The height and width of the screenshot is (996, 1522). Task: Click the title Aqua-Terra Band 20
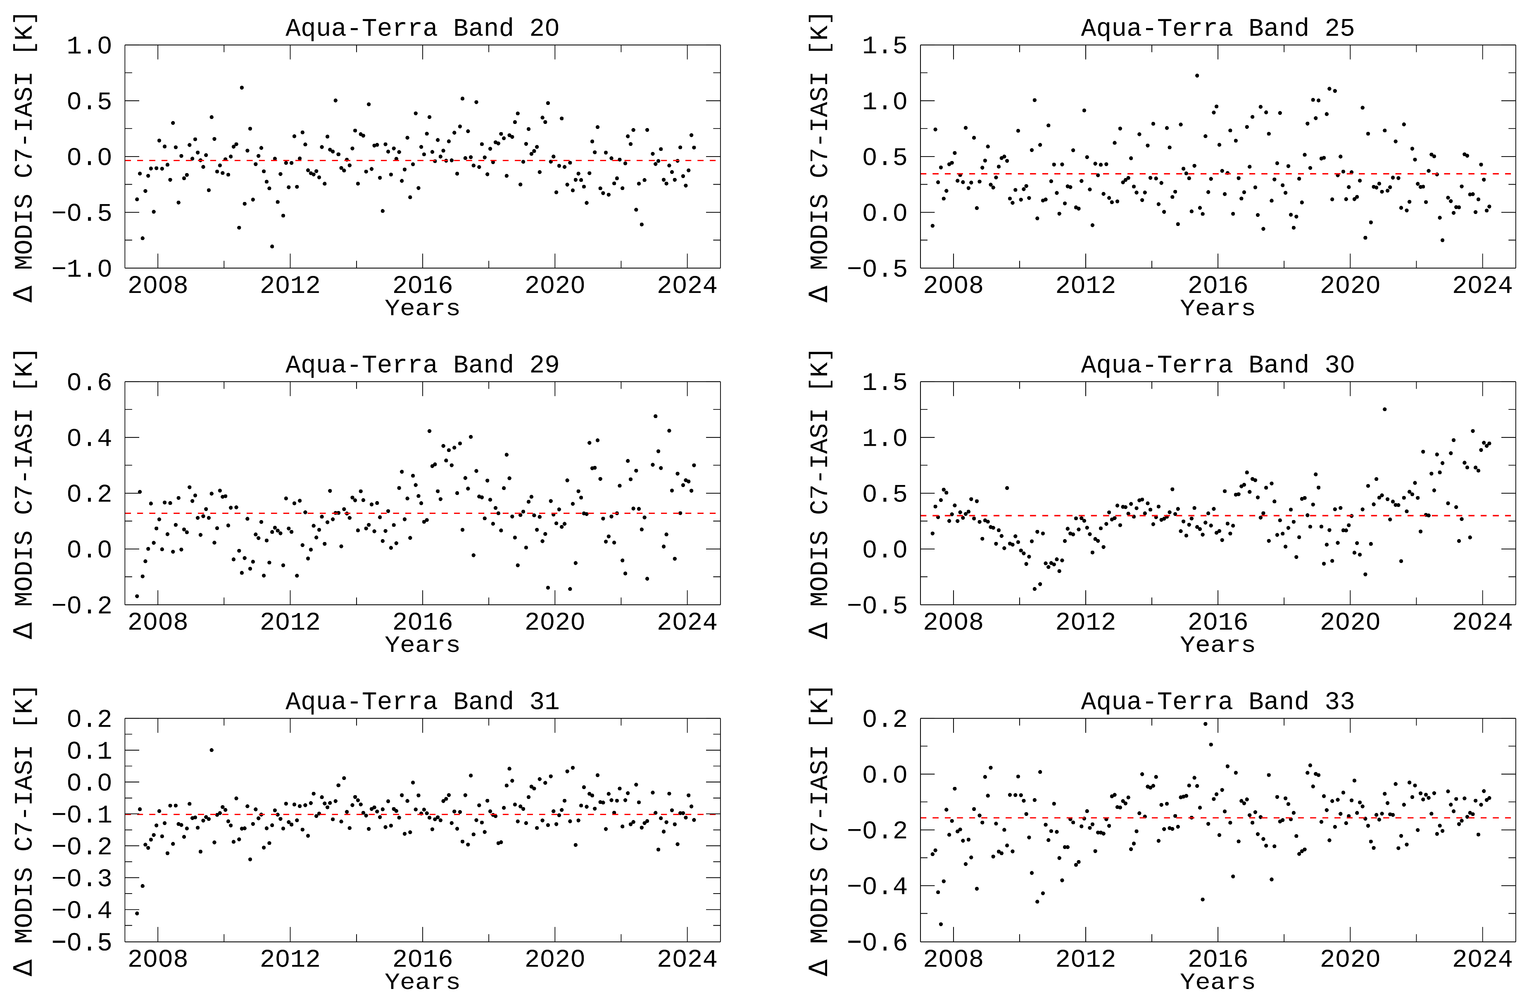(x=422, y=28)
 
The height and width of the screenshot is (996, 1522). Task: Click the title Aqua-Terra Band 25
(x=1217, y=28)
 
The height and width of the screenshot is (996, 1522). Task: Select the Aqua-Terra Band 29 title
(x=422, y=364)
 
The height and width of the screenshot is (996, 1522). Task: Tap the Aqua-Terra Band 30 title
(x=1217, y=364)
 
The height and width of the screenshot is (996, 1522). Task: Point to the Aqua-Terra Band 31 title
(x=422, y=701)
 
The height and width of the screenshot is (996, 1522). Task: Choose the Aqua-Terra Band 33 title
(x=1217, y=701)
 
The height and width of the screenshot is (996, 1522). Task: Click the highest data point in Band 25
(x=1196, y=76)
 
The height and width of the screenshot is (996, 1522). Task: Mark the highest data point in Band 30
(x=1384, y=409)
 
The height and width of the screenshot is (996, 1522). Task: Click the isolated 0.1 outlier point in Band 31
(x=212, y=750)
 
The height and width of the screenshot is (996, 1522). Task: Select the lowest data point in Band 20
(x=272, y=246)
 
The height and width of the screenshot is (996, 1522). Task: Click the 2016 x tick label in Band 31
(x=422, y=959)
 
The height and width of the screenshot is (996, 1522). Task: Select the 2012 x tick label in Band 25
(x=1085, y=285)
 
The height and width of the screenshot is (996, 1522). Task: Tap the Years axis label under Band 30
(x=1217, y=645)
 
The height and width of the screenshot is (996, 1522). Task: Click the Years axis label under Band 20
(x=422, y=308)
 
